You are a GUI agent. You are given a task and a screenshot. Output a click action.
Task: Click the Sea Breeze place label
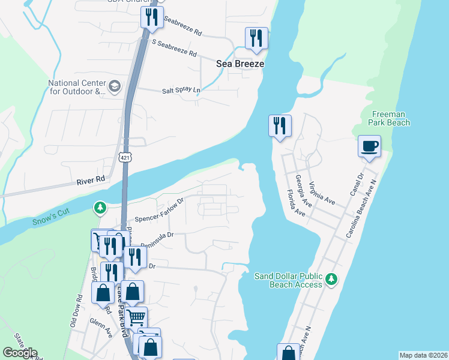click(x=240, y=63)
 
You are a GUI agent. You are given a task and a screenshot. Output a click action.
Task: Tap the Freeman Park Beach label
click(x=390, y=118)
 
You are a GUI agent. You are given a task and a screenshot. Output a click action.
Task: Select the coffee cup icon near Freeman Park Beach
click(x=369, y=145)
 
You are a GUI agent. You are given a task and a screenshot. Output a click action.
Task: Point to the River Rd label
click(x=91, y=179)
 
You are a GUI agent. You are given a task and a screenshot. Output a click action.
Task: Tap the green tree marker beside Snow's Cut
click(x=100, y=208)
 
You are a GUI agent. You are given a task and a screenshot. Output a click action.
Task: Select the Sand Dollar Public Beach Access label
click(x=288, y=280)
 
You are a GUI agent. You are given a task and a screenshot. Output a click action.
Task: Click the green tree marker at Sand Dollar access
click(x=331, y=279)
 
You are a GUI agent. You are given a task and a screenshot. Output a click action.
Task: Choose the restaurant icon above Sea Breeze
click(x=256, y=38)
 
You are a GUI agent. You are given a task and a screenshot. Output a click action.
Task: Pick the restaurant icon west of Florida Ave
click(x=280, y=125)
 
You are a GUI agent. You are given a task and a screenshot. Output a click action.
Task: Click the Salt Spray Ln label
click(x=181, y=91)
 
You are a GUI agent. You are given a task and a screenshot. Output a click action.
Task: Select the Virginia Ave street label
click(x=322, y=193)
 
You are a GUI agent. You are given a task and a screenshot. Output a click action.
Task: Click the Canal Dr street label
click(x=357, y=185)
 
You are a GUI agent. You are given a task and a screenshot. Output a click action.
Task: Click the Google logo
click(x=19, y=353)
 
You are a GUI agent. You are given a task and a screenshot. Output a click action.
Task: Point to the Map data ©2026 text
click(x=423, y=355)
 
